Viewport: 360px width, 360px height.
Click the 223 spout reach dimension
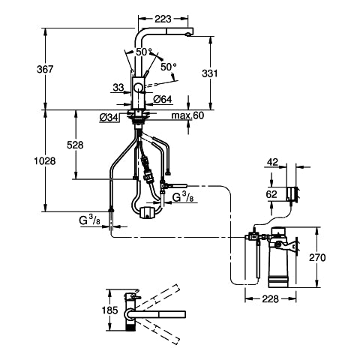coord(163,19)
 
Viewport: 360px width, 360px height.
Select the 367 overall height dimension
coord(45,69)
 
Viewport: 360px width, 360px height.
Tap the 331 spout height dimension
coord(210,73)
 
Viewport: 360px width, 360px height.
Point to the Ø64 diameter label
coord(163,100)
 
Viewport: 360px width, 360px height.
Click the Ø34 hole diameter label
coord(109,118)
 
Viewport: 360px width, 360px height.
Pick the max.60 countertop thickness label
coord(187,115)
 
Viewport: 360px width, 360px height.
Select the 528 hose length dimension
coord(75,145)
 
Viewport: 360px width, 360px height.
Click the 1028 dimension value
coord(45,161)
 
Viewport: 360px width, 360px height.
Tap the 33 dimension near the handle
coord(118,88)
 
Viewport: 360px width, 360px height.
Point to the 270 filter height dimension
coord(317,257)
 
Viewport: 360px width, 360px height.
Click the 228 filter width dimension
coord(270,298)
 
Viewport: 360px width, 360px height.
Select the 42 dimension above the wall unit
coord(272,162)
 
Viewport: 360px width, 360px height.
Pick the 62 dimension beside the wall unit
coord(271,194)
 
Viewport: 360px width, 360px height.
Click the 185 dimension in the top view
coord(110,310)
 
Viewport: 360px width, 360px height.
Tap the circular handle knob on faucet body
coord(138,88)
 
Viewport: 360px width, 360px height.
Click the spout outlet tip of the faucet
coord(189,34)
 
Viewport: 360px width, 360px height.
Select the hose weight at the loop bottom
coord(148,212)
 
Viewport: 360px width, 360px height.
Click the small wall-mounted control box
coord(292,193)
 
